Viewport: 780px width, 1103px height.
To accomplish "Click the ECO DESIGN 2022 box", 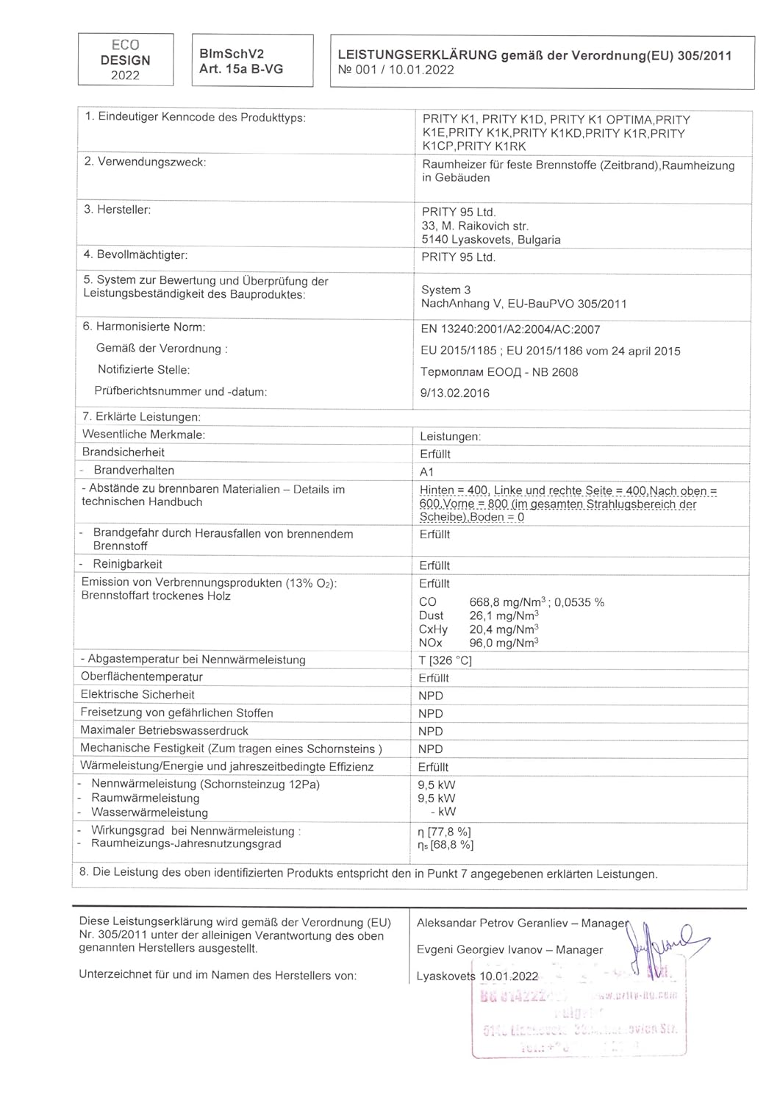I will point(126,60).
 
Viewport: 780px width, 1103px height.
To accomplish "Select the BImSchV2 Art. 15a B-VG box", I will point(252,61).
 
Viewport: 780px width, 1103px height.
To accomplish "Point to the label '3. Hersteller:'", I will point(117,210).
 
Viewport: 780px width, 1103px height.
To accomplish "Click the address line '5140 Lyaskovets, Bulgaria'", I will point(491,240).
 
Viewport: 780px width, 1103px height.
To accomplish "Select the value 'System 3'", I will point(446,290).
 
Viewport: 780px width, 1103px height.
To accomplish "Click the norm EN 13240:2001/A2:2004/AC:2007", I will point(510,330).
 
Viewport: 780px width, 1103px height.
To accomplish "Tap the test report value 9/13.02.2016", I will point(454,393).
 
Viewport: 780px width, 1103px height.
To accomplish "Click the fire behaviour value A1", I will point(427,472).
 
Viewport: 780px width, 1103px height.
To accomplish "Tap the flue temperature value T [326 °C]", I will point(445,661).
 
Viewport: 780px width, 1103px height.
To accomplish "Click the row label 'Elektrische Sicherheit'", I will point(137,695).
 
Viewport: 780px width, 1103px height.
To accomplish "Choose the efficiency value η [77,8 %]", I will point(444,832).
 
